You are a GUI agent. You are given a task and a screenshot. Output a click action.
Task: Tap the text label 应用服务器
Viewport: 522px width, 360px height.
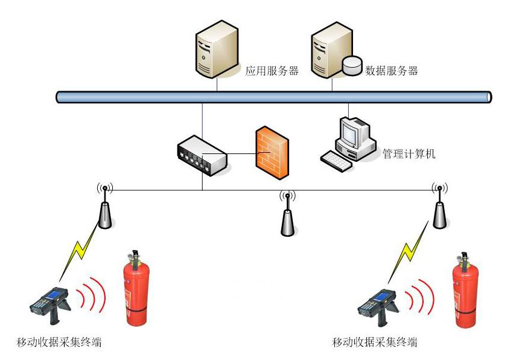coord(272,71)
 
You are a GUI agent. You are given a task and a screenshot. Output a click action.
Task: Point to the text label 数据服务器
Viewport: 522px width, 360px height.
coord(392,71)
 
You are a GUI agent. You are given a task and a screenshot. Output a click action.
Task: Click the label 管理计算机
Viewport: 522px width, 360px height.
coord(409,153)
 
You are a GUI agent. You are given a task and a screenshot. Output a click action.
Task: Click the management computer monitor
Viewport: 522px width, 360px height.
coord(354,135)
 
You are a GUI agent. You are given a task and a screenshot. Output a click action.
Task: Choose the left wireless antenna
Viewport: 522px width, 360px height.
coord(105,208)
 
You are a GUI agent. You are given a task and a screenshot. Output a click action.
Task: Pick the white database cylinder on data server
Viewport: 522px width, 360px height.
coord(351,65)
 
